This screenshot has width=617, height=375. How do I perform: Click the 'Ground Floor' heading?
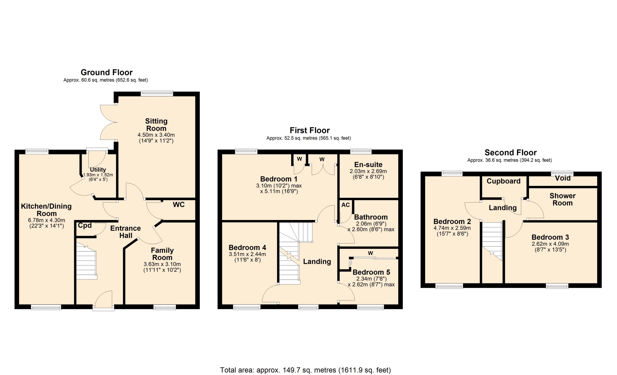(x=106, y=72)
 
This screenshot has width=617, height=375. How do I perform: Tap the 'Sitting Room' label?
(x=156, y=125)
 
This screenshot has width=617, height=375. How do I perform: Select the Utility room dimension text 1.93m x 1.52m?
(x=98, y=175)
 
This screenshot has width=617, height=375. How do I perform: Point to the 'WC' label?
(x=179, y=205)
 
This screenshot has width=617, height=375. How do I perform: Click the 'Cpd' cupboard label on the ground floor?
(x=85, y=225)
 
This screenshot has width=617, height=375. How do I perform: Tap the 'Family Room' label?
(x=162, y=254)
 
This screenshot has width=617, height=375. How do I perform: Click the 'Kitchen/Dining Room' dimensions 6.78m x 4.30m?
(x=47, y=220)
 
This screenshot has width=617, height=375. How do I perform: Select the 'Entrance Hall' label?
(x=126, y=232)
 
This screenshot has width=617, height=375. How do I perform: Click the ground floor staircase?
(x=86, y=261)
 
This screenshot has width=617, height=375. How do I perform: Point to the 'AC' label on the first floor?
(x=345, y=205)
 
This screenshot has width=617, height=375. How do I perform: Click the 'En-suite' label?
(x=368, y=165)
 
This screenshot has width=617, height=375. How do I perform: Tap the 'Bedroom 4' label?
(x=247, y=248)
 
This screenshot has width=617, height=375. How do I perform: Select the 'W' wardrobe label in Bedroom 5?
(x=371, y=253)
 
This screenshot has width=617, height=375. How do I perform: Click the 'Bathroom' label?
(x=371, y=217)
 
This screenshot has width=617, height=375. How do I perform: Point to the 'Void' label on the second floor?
(x=563, y=178)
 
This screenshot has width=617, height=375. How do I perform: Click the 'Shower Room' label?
(x=562, y=199)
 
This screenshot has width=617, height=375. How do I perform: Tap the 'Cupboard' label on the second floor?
(x=504, y=181)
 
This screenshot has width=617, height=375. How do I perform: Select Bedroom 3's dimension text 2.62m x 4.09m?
(x=550, y=244)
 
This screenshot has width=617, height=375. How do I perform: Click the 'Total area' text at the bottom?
(x=305, y=370)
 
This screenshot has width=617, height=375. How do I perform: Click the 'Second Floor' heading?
(x=511, y=152)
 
